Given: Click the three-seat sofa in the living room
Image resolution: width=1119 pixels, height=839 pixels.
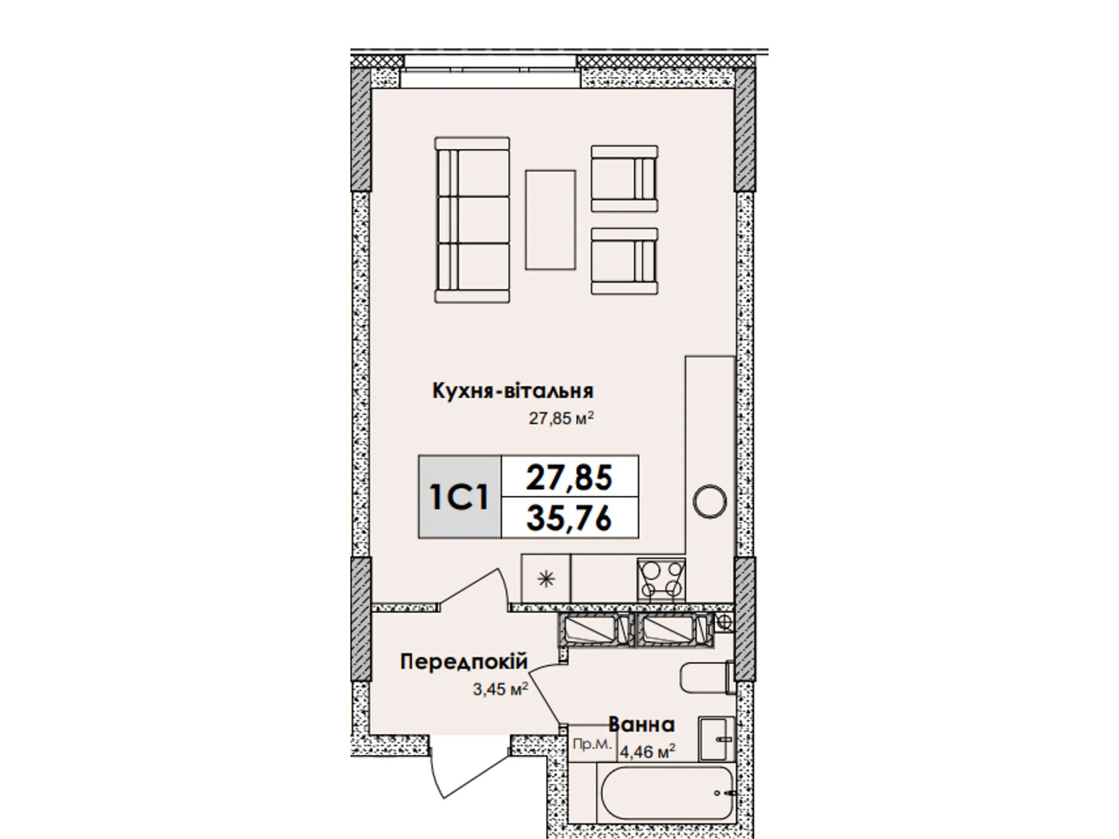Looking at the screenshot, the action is click(471, 220).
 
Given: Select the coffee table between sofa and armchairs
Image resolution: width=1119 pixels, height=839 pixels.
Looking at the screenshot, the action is click(550, 220).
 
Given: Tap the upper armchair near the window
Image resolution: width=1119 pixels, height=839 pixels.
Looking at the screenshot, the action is click(624, 178).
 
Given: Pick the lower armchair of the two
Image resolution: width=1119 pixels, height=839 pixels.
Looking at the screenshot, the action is click(624, 261).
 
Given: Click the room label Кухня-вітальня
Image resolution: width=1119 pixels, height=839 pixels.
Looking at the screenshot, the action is click(513, 392).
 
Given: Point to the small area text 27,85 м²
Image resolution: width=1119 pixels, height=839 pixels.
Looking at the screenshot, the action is click(562, 418).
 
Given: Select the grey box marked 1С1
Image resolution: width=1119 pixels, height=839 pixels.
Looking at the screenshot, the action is click(459, 496).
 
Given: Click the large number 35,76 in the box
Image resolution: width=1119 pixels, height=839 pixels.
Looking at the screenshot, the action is click(569, 519).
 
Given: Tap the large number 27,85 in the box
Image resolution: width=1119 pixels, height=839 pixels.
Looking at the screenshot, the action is click(569, 478).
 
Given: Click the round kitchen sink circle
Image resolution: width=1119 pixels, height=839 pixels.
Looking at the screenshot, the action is click(710, 502).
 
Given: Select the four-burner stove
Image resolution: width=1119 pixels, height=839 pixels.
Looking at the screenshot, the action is click(661, 580).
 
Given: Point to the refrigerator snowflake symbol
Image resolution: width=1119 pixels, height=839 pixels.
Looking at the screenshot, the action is click(546, 579).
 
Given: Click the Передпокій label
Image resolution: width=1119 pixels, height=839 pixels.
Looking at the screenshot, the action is click(464, 661).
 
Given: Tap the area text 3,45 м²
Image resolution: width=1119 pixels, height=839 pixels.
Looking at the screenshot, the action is click(500, 689).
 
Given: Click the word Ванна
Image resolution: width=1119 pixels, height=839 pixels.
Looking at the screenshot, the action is click(642, 724).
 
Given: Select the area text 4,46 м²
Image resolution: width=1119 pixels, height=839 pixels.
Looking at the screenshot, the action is click(648, 750).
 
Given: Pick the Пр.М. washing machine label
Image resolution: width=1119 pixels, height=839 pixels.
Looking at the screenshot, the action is click(592, 744).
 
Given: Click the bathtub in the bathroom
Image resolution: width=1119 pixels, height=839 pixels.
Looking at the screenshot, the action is click(666, 794).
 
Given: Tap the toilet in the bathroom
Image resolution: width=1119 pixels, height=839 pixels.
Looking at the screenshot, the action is click(707, 677).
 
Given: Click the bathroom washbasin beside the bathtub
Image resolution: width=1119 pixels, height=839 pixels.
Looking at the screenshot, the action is click(716, 738).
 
